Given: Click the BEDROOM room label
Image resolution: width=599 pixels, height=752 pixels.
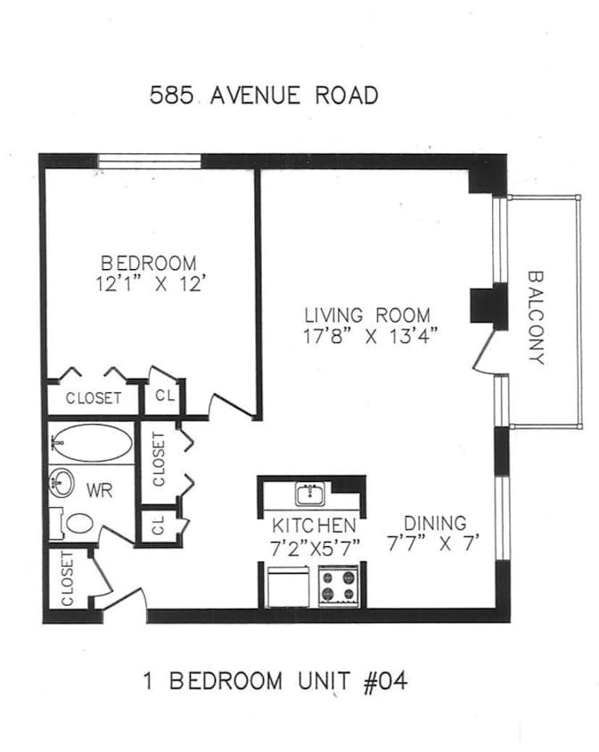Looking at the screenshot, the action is (x=149, y=263).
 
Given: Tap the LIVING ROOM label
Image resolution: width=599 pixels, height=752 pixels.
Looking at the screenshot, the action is (x=367, y=315).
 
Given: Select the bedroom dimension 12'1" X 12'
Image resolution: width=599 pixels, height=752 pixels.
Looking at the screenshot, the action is (x=152, y=284).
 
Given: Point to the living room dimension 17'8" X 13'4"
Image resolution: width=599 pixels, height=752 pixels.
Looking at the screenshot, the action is (x=371, y=336).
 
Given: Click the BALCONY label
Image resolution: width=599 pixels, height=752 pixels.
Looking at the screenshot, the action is (x=536, y=318).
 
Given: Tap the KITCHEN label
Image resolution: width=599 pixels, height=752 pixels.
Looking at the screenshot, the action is (x=314, y=526).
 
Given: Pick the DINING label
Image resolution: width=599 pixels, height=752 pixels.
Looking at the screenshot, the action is (x=435, y=523).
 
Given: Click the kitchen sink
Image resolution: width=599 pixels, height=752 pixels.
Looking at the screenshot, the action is (x=310, y=494).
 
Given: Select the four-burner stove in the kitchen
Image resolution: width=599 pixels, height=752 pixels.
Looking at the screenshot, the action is (x=339, y=586).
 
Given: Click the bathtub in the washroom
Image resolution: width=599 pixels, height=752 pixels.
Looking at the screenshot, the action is (x=91, y=442).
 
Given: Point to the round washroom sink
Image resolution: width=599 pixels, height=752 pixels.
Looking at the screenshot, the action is (x=62, y=483).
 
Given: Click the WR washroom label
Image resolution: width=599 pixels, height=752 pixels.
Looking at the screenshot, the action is (x=99, y=490).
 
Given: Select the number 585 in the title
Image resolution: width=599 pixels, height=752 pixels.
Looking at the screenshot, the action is (x=171, y=95).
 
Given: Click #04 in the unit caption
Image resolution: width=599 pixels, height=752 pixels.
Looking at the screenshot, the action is (x=385, y=681).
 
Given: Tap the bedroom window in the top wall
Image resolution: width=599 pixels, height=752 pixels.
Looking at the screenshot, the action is (x=149, y=161).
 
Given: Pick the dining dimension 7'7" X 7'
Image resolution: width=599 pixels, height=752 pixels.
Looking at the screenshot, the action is (x=434, y=544).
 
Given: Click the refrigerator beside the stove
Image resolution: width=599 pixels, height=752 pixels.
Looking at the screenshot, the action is (x=288, y=587).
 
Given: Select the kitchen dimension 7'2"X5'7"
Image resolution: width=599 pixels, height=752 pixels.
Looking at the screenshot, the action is (x=316, y=548).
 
